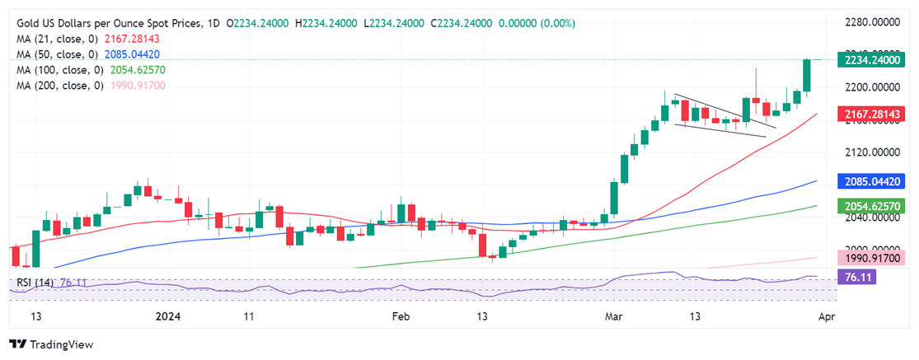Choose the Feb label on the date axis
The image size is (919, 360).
pos(400,316)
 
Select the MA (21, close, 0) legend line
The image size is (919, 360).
pos(76,40)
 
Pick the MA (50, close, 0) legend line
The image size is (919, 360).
pos(76,54)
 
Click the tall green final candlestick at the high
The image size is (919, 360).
pos(807,75)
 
